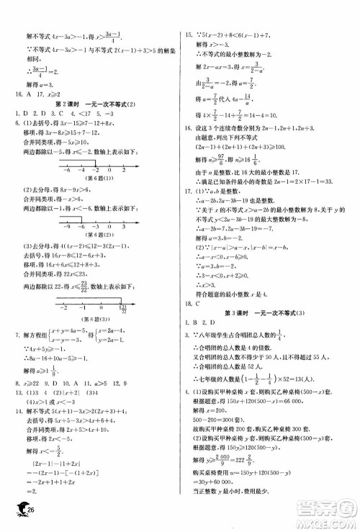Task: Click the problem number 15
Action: pyautogui.click(x=189, y=35)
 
